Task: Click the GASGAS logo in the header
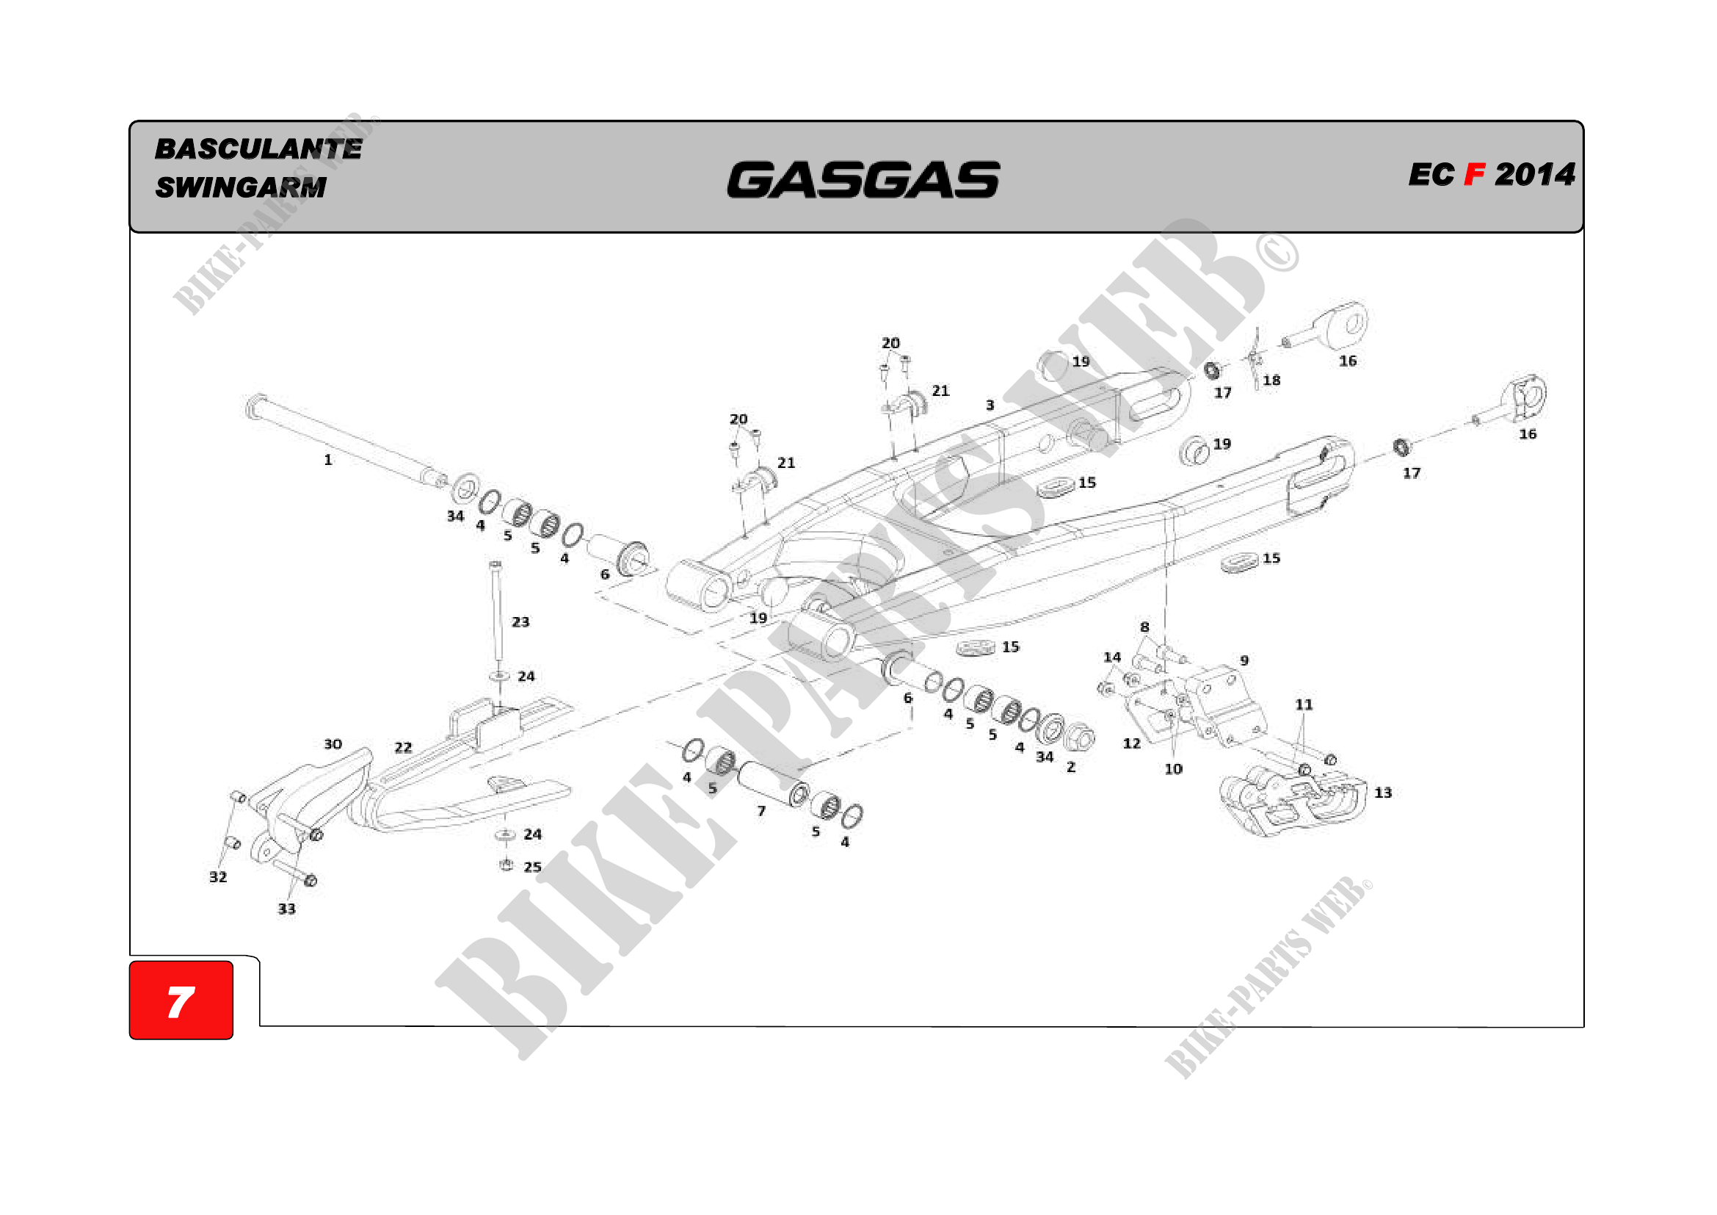coord(863,179)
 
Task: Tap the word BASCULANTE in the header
coord(258,149)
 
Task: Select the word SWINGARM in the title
coord(241,187)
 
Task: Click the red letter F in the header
coord(1473,175)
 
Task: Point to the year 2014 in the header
coord(1534,175)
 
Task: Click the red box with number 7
coord(181,1001)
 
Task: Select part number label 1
coord(327,460)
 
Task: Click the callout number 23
coord(520,622)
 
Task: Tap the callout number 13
coord(1383,793)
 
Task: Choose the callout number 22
coord(403,747)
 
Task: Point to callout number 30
coord(333,744)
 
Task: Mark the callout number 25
coord(532,868)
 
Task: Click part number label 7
coord(761,812)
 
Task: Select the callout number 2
coord(1071,768)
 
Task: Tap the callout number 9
coord(1244,660)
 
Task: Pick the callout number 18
coord(1271,381)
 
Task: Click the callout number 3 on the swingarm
coord(990,405)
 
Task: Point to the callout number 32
coord(217,877)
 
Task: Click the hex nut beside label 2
coord(1078,738)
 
